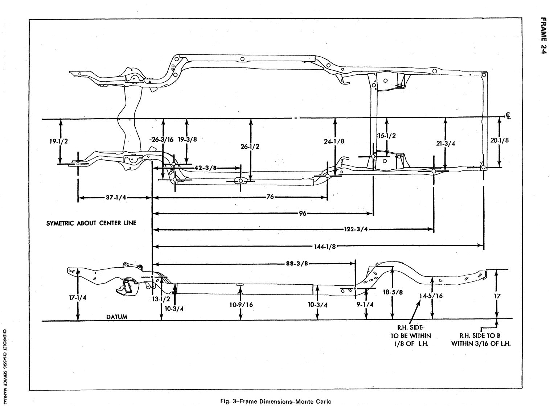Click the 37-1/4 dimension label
point(116,198)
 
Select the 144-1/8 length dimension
point(325,247)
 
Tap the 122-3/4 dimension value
point(356,229)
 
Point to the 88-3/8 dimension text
point(297,264)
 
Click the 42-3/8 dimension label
point(205,168)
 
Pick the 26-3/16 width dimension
point(163,139)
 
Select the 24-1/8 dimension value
point(334,141)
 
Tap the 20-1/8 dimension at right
point(500,140)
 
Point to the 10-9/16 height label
point(241,305)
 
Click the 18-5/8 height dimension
point(393,292)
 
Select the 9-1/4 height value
point(365,305)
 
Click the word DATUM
point(117,317)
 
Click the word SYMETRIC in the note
point(60,223)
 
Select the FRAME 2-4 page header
point(543,36)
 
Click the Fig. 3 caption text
point(276,401)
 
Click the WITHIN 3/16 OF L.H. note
point(481,344)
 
